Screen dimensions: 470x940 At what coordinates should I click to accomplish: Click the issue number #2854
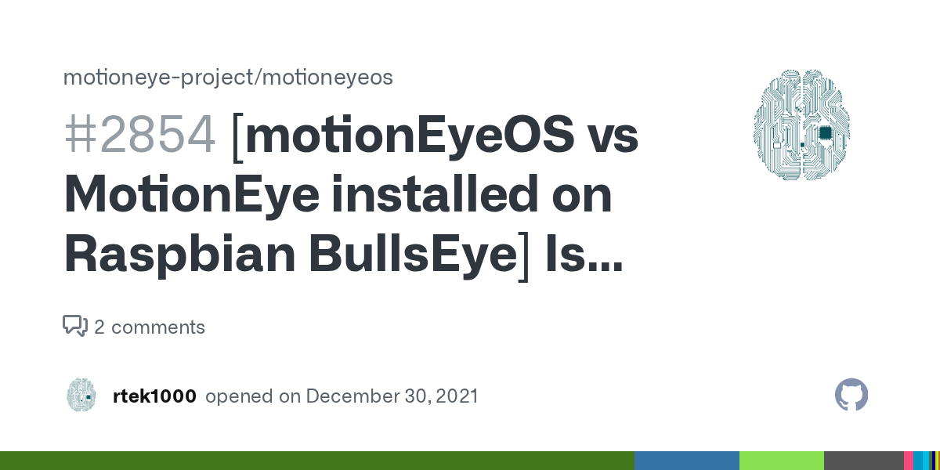point(140,136)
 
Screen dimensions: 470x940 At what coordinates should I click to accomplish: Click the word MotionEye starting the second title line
point(191,196)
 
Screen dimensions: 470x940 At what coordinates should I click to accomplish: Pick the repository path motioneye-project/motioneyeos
point(227,78)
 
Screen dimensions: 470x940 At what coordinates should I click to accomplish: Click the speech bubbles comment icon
point(75,326)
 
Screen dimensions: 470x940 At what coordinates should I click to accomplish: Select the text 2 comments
point(150,327)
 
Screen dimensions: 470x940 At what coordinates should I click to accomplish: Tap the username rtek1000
point(154,396)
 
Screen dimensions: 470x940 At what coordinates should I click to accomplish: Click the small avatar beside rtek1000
point(81,395)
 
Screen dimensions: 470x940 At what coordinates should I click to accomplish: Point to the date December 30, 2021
point(392,396)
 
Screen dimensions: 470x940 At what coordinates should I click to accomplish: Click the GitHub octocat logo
point(851,396)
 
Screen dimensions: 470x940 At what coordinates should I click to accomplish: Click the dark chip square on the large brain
point(825,132)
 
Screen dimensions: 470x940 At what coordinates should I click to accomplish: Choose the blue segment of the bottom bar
point(686,461)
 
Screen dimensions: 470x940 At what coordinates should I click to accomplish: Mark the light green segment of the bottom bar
point(781,461)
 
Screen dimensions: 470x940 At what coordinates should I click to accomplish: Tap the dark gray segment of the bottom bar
point(863,461)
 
